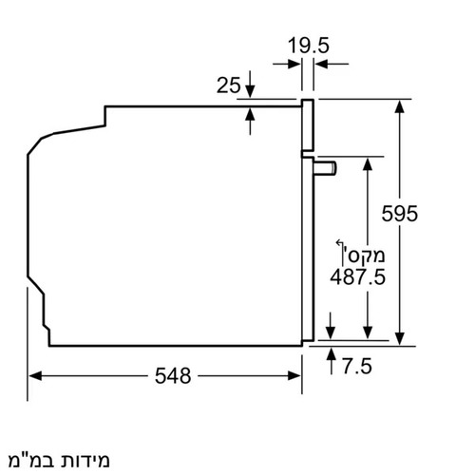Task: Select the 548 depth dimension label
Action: tap(173, 375)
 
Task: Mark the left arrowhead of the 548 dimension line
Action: tap(33, 375)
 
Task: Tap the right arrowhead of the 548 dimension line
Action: tap(296, 375)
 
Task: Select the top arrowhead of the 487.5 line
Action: tap(368, 161)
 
